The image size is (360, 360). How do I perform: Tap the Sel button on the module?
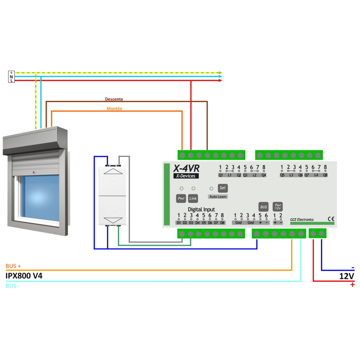(221, 188)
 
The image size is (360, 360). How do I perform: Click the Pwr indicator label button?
(180, 198)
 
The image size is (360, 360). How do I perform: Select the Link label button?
(193, 198)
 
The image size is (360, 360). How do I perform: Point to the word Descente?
(113, 99)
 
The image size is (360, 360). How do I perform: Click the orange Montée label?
(114, 108)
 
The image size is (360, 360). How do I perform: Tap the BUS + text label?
(13, 266)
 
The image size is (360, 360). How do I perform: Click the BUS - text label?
(13, 285)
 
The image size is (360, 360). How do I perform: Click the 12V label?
(346, 276)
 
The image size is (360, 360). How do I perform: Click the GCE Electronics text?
(302, 220)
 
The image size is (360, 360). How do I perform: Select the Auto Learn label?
(218, 197)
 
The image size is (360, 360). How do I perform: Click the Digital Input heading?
(201, 209)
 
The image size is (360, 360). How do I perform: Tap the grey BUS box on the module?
(264, 207)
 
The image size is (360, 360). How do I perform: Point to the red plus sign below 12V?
(352, 285)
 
